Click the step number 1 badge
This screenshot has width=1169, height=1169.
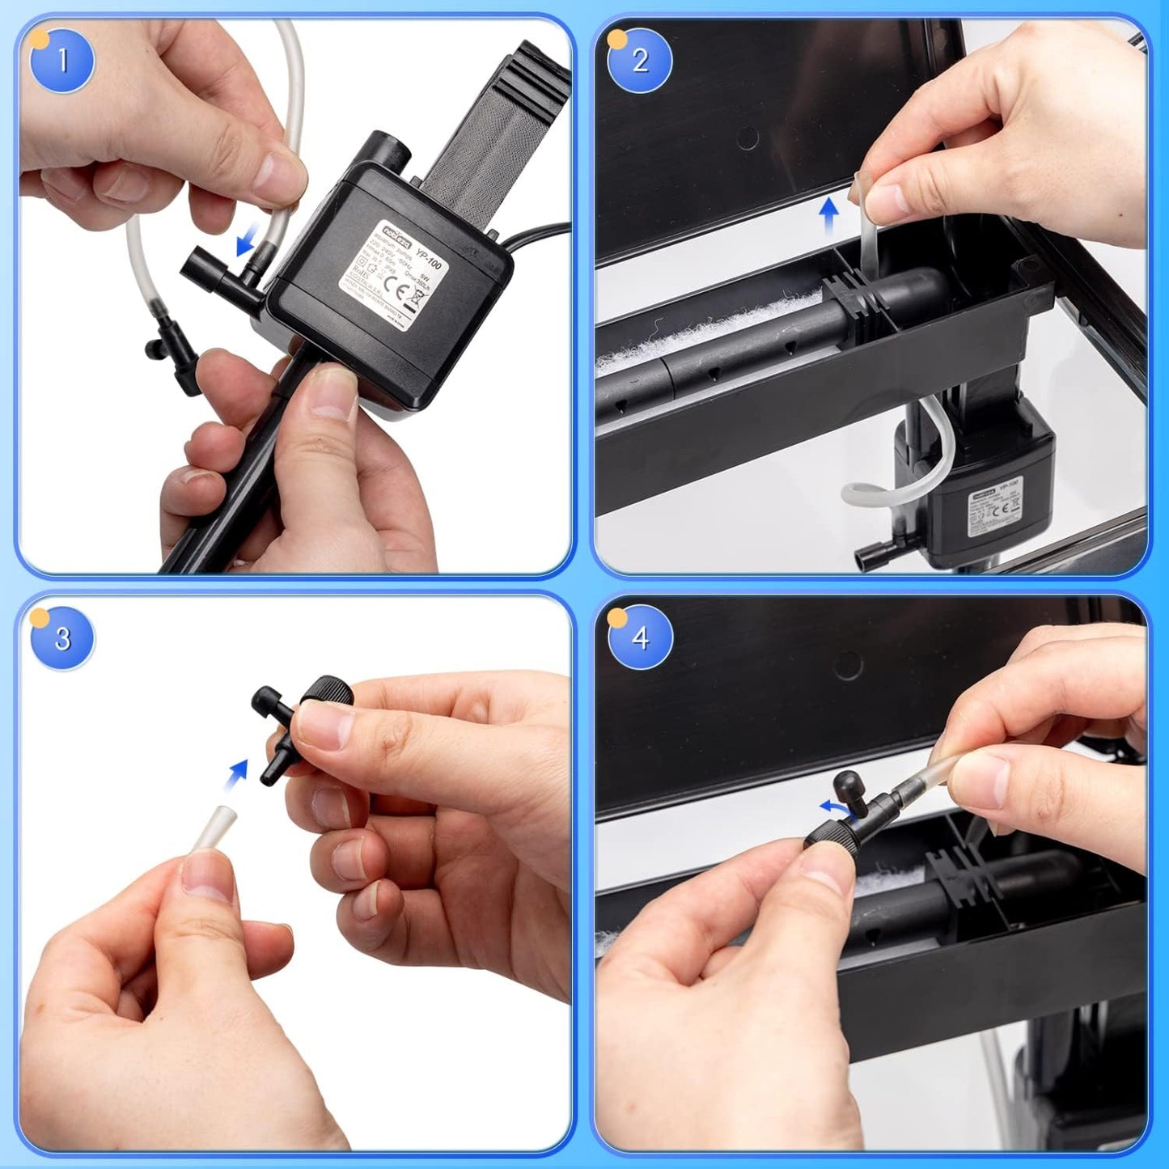tap(62, 61)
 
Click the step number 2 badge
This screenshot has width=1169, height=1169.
tap(640, 61)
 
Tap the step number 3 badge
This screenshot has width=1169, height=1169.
tap(62, 638)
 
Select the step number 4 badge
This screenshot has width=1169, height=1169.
tap(640, 638)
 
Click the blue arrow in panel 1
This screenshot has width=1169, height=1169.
tap(245, 240)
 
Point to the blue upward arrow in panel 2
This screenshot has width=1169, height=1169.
tap(828, 217)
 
